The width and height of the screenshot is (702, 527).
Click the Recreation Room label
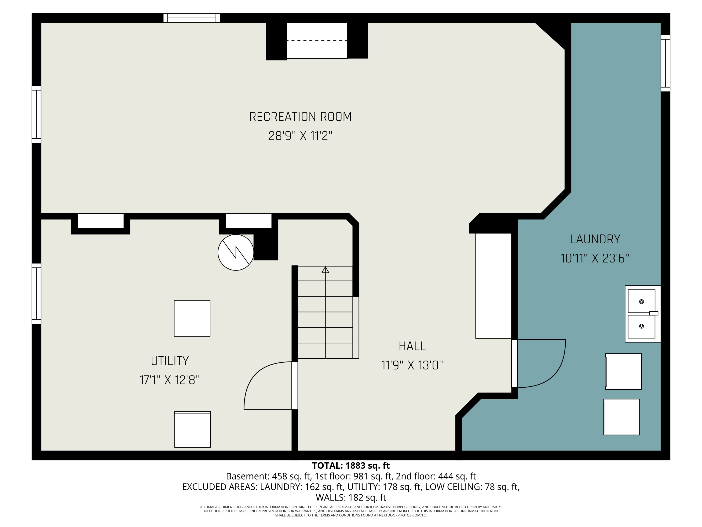300,117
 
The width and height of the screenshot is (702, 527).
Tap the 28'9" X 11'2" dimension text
300,136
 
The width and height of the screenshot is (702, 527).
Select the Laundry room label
595,239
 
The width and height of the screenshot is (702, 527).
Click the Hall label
412,346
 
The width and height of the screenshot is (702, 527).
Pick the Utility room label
170,361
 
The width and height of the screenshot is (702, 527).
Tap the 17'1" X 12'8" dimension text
170,380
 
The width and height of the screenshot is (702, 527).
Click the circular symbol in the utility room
236,252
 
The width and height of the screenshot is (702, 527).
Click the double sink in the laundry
643,314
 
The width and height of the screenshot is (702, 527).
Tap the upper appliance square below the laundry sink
623,371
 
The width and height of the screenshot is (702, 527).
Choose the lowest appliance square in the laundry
622,417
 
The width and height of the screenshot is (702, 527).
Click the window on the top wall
192,18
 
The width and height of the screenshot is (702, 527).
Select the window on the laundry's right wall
665,63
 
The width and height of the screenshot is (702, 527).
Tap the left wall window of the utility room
37,293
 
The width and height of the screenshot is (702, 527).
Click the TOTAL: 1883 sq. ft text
351,466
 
